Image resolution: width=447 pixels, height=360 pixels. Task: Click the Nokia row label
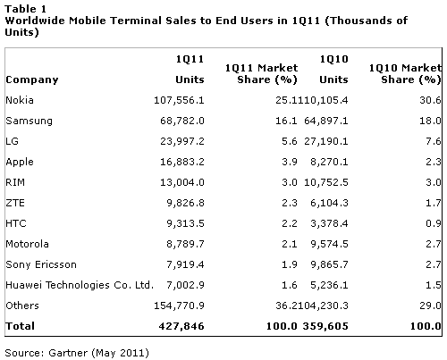click(20, 100)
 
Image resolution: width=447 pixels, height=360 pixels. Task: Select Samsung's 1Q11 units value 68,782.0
click(182, 121)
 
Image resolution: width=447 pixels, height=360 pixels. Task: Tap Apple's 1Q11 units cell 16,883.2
click(182, 162)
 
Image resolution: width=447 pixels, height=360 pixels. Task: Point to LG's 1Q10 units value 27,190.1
click(326, 141)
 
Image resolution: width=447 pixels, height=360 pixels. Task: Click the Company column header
click(32, 80)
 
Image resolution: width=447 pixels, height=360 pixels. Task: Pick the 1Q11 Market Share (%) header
click(261, 74)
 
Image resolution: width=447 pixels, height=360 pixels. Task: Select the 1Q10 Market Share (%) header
click(405, 74)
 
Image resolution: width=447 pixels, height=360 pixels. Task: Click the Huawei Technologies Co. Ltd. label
click(80, 285)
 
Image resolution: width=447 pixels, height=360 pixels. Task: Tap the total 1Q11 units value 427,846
click(181, 326)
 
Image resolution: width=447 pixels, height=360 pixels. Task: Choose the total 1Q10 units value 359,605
click(325, 326)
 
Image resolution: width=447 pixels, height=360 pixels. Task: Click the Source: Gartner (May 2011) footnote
click(77, 353)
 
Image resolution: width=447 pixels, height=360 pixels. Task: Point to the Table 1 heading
click(26, 9)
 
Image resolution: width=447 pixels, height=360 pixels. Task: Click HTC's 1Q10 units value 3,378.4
click(329, 223)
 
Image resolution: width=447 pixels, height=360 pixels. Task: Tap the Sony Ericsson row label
click(41, 264)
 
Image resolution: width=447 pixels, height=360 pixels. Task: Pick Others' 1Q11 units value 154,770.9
click(179, 306)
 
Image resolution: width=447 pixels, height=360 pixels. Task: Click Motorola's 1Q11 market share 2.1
click(290, 244)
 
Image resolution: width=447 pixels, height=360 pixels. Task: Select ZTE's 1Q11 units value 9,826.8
click(185, 203)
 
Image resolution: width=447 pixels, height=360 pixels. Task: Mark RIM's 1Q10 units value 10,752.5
click(326, 182)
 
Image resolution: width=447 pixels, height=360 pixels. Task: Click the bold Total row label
click(21, 326)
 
